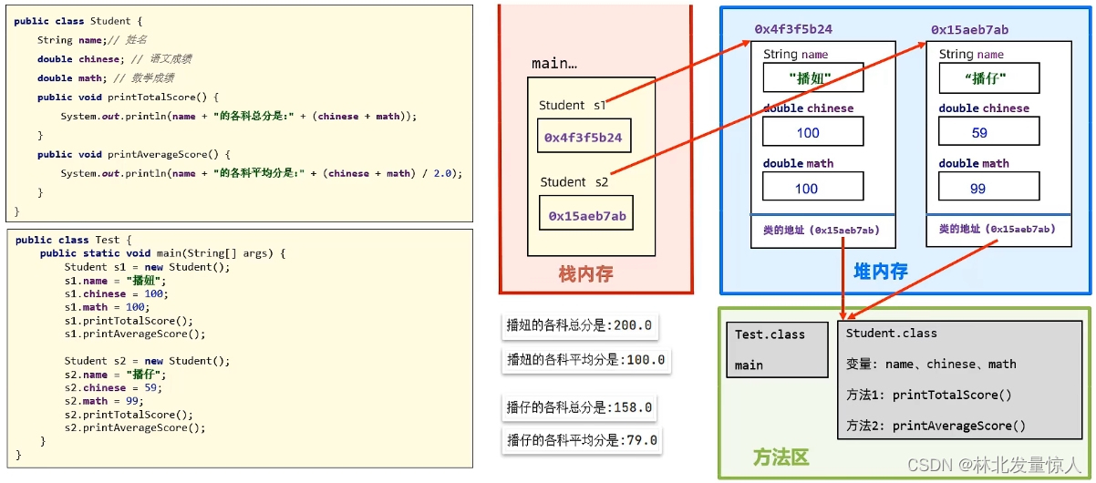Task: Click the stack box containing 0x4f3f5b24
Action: point(584,138)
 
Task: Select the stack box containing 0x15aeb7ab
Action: point(587,216)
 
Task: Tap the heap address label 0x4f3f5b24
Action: point(792,29)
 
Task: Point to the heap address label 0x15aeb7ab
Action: point(969,29)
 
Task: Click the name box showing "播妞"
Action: point(812,78)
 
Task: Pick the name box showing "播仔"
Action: point(988,78)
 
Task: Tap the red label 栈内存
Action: point(585,273)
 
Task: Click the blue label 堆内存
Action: point(880,271)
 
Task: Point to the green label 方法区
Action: point(781,457)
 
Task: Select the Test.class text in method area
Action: point(770,334)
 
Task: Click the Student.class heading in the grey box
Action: point(891,334)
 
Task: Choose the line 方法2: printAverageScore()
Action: point(936,426)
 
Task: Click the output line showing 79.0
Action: point(580,441)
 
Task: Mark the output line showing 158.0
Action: point(580,407)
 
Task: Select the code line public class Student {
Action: point(78,21)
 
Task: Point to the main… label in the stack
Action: point(554,64)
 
